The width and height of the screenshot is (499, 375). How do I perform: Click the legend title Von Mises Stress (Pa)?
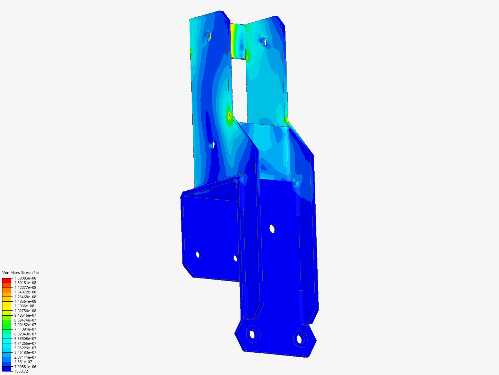coord(20,273)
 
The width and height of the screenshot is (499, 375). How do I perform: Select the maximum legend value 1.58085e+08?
coord(25,278)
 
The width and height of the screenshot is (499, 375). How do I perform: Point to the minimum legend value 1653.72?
coord(21,371)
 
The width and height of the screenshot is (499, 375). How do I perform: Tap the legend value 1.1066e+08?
coord(24,306)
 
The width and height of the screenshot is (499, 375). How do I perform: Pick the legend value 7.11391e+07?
coord(25,329)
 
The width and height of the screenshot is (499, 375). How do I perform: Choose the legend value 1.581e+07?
coord(23,362)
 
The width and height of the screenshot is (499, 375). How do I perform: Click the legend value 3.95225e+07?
coord(25,348)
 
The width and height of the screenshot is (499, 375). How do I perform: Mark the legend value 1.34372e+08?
coord(25,292)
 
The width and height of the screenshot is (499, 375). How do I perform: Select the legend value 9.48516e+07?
coord(25,315)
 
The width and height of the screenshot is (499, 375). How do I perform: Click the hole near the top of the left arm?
coord(209,36)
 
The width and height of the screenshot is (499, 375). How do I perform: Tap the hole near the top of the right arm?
coord(264,42)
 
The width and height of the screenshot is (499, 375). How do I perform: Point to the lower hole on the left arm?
coord(213,144)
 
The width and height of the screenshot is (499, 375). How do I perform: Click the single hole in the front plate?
coord(272,228)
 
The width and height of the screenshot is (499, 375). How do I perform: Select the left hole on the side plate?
coord(198,255)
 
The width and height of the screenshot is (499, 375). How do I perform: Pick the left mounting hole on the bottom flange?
coord(253,334)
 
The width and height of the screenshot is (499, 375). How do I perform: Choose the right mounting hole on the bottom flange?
coord(299,339)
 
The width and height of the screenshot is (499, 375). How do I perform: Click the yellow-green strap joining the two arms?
coord(238,41)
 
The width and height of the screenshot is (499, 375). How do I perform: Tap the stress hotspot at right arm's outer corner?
coord(287,120)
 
